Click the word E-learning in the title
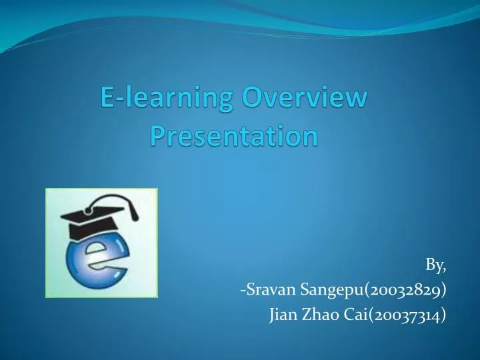point(166,99)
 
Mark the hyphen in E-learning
point(117,100)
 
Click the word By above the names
point(434,265)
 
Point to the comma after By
point(445,269)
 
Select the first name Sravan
point(266,290)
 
